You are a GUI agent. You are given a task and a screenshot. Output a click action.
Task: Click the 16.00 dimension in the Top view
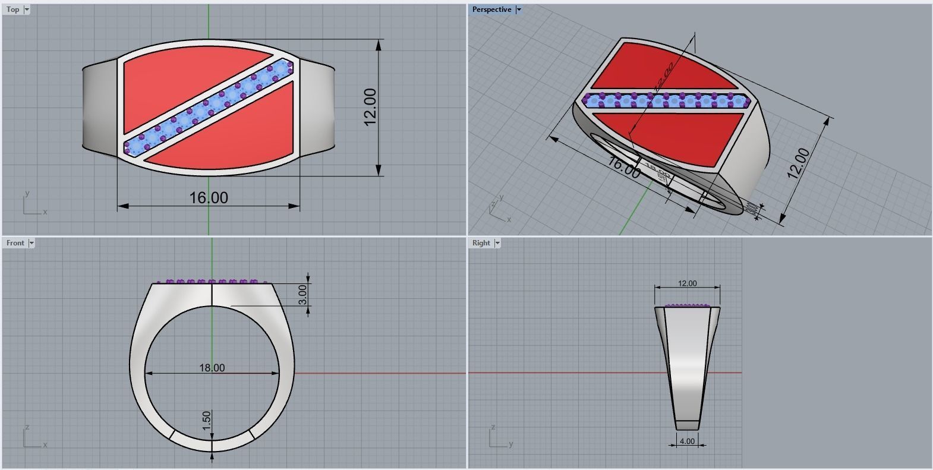(208, 198)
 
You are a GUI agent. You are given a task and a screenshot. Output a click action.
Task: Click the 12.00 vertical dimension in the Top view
(370, 107)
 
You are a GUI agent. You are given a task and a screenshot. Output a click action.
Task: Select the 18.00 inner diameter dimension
(212, 368)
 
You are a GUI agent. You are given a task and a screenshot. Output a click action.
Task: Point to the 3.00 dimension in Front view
(302, 294)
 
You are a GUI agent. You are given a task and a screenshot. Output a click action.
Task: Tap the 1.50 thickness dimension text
(206, 421)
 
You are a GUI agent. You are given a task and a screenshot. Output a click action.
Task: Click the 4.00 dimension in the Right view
(687, 441)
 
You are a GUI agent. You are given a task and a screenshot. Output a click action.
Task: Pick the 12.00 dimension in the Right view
(687, 283)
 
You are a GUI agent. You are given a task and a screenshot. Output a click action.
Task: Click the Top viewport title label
(12, 10)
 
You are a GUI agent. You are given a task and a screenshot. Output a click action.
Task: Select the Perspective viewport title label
(491, 10)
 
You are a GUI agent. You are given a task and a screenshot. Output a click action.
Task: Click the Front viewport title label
(15, 243)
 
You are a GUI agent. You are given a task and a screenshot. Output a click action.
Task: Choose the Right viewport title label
(481, 243)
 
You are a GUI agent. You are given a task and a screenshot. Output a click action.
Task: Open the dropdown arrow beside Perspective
(519, 10)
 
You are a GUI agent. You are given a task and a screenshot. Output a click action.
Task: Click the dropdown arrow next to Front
(31, 243)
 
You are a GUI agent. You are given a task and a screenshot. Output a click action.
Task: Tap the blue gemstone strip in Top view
(207, 108)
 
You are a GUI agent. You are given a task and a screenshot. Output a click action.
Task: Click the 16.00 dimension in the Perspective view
(624, 168)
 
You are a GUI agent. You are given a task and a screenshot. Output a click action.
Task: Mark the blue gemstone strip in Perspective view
(666, 100)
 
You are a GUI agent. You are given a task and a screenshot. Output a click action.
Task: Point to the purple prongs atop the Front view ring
(211, 282)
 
